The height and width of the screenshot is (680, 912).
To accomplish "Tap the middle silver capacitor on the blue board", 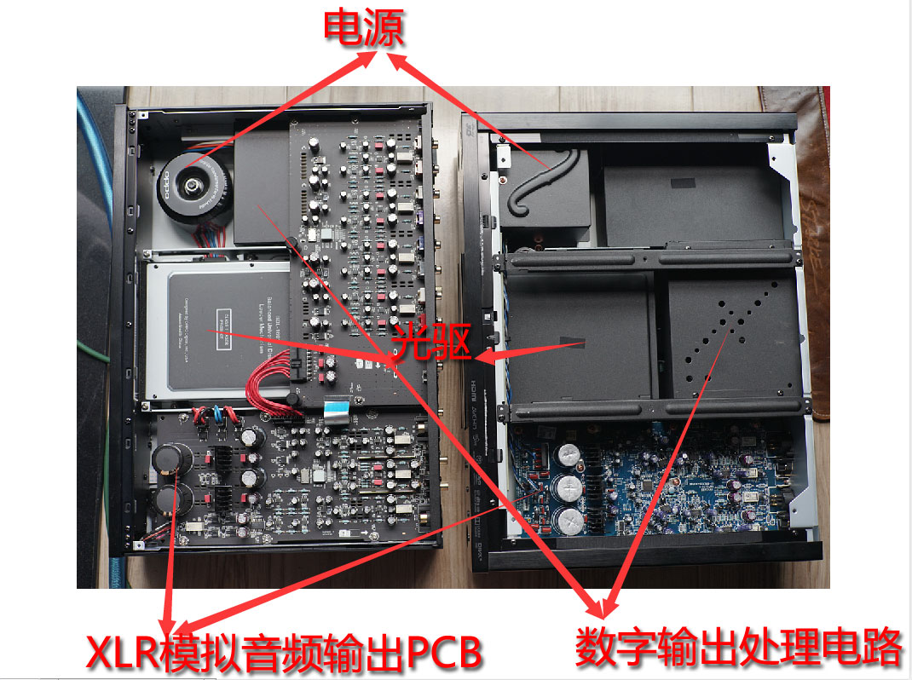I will pos(568,488).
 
